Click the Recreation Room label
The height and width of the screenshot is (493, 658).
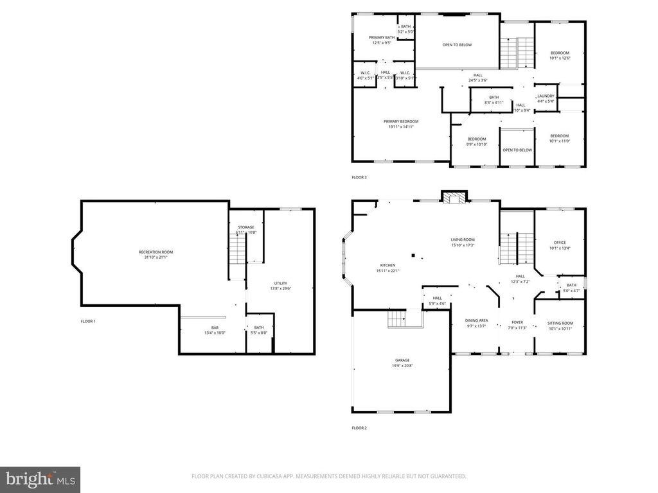click(x=156, y=252)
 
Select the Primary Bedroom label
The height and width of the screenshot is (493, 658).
click(x=401, y=121)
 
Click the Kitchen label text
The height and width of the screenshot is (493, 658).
click(x=387, y=265)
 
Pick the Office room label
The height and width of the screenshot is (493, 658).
click(x=560, y=242)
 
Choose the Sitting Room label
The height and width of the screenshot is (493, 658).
click(x=560, y=323)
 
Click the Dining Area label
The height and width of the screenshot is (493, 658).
click(x=476, y=320)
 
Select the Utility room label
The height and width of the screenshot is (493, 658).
click(x=281, y=283)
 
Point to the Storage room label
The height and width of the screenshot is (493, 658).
click(x=246, y=227)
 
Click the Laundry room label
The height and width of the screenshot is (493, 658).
click(x=546, y=96)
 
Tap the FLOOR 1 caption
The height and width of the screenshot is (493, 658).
click(x=88, y=321)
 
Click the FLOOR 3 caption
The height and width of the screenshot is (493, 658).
click(x=359, y=177)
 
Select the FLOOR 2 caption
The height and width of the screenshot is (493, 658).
click(x=359, y=428)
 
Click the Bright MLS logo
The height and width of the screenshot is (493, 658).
click(x=39, y=479)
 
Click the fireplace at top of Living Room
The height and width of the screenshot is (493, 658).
click(x=454, y=198)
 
